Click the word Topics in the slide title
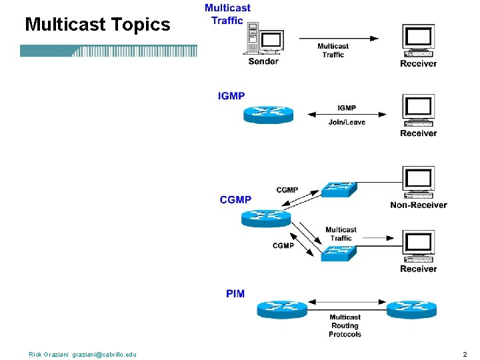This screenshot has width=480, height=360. tap(141, 25)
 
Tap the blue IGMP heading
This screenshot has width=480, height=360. tap(231, 96)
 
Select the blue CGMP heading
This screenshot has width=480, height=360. tap(235, 200)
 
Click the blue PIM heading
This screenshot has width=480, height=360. tap(235, 294)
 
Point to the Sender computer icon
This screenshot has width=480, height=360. tap(264, 38)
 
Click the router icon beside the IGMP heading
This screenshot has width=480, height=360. tap(269, 115)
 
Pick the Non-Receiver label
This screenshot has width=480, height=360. tap(419, 205)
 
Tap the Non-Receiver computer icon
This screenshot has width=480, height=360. tap(419, 183)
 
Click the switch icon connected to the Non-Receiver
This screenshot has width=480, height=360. tap(339, 189)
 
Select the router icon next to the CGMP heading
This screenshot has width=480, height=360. tap(266, 218)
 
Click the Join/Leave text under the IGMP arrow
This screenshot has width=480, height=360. tap(347, 123)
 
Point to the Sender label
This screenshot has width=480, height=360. tap(263, 61)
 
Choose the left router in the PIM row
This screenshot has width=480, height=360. tap(282, 309)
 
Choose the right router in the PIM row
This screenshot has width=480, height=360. tap(412, 309)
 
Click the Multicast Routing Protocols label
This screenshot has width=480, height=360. tap(345, 326)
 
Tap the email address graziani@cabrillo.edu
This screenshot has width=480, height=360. tap(105, 355)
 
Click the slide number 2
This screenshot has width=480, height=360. tap(465, 355)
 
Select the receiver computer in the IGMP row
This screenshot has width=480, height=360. tap(419, 111)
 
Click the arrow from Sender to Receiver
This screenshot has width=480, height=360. tap(339, 39)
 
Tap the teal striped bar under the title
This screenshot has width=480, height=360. tap(109, 51)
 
